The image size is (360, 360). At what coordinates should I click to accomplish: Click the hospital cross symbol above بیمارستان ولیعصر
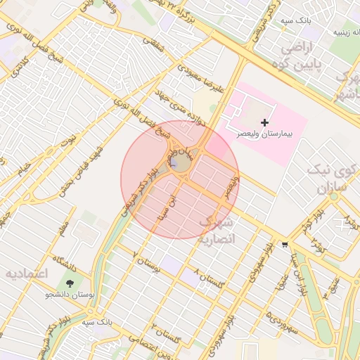click(x=264, y=123)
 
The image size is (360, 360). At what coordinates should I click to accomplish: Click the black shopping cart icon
click(x=284, y=245)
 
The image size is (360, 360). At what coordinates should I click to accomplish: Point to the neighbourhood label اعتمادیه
click(x=26, y=274)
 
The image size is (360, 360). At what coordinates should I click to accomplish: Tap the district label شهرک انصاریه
click(x=220, y=231)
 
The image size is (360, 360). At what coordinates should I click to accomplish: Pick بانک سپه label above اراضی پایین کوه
click(x=297, y=22)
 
